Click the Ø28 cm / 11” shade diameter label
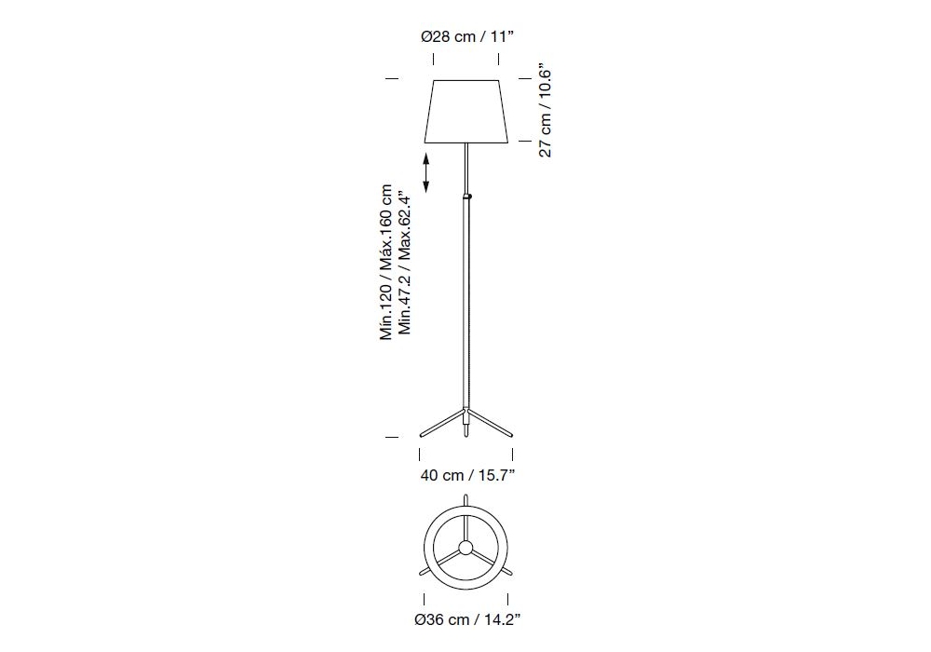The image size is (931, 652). point(466,37)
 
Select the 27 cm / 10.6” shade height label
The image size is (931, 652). point(546,114)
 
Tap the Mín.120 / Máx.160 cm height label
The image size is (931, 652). point(386,262)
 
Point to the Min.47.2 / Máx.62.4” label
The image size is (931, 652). point(404,262)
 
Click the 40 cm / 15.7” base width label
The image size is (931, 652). point(467,475)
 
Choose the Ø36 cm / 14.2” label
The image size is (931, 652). point(468,620)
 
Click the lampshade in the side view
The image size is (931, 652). point(466,112)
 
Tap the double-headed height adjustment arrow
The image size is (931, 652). point(425,173)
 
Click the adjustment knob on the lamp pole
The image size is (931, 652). point(469,196)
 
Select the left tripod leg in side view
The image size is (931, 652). point(441,422)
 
